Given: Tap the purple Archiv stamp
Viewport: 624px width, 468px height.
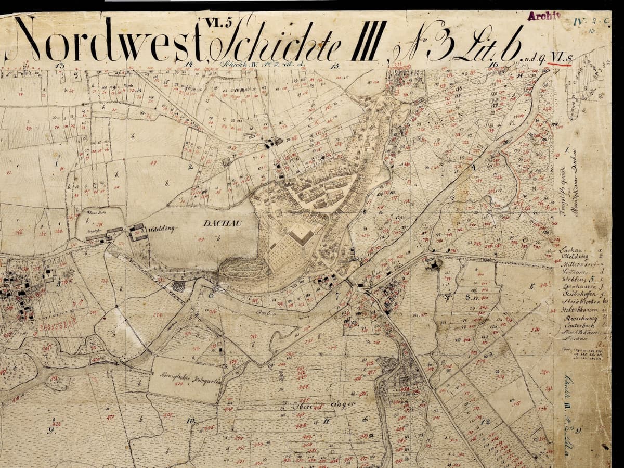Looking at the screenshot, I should pyautogui.click(x=544, y=16).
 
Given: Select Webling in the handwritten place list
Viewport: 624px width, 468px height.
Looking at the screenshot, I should pyautogui.click(x=573, y=279).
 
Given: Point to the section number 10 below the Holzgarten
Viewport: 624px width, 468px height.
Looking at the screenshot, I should pyautogui.click(x=190, y=420).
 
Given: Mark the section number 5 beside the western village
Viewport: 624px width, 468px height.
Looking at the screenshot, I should pyautogui.click(x=59, y=284).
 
